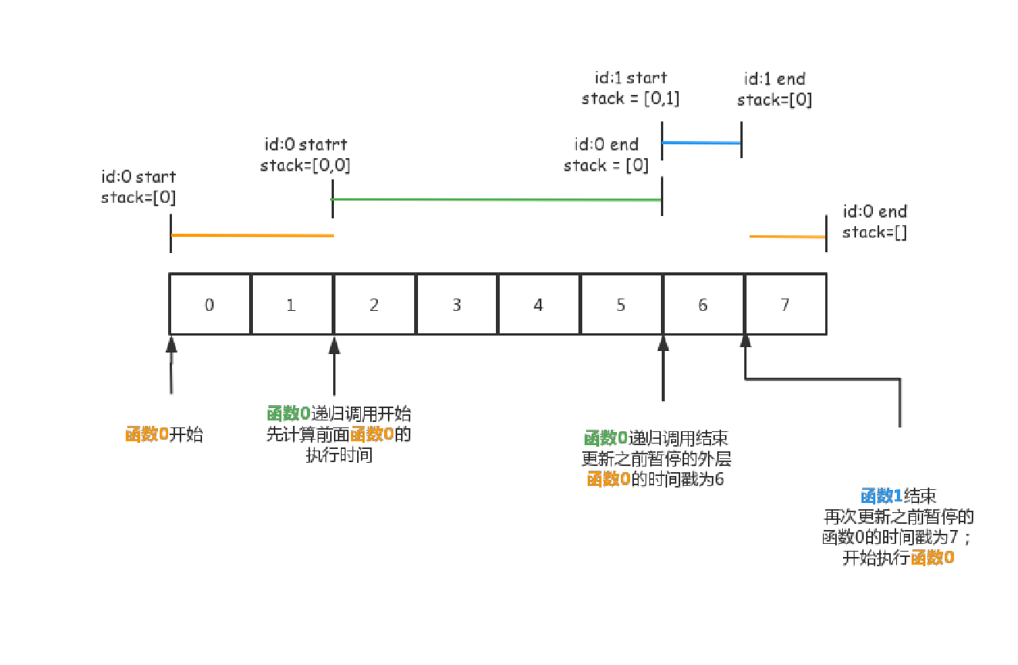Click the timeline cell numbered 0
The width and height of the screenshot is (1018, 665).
tap(210, 305)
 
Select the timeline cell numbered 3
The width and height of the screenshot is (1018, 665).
tap(457, 305)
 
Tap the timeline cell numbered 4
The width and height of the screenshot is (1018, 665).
tap(538, 305)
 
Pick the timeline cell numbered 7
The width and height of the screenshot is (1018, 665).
tap(785, 305)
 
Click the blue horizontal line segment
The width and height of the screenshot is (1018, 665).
tap(701, 143)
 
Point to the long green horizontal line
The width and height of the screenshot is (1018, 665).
tap(497, 200)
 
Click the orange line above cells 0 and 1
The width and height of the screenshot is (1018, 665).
tap(252, 235)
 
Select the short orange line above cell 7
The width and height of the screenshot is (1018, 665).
tap(787, 237)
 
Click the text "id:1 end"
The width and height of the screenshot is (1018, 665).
tap(774, 79)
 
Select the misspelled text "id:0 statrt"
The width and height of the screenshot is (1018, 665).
tap(305, 145)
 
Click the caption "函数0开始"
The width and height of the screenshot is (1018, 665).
tap(164, 434)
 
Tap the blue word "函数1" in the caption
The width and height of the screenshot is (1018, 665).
tap(881, 496)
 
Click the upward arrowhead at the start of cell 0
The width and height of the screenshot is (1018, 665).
tap(171, 344)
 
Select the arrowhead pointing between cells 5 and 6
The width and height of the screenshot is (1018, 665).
tap(662, 343)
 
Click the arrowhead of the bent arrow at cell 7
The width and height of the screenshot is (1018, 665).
tap(745, 343)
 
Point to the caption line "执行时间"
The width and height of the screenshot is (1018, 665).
tap(339, 455)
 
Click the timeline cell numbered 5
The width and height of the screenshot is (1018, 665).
tap(621, 305)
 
